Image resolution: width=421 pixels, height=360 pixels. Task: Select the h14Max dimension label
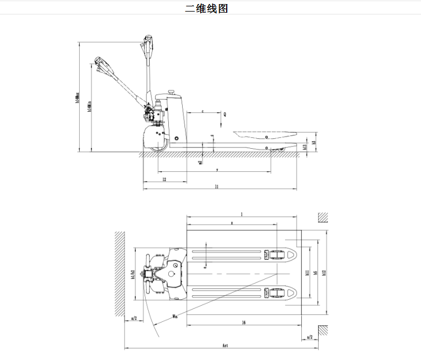(77, 97)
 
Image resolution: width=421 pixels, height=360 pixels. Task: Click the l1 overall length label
(216, 186)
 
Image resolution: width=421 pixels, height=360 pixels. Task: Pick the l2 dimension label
(164, 180)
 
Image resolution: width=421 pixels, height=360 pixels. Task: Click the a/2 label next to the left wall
(134, 318)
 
